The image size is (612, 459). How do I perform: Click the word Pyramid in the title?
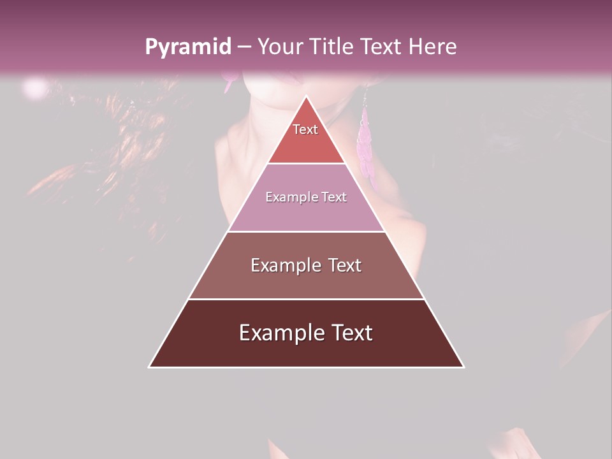click(187, 47)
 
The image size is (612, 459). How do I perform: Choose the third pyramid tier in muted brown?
click(306, 280)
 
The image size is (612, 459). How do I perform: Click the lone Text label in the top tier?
click(305, 129)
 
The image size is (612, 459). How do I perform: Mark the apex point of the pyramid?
click(306, 96)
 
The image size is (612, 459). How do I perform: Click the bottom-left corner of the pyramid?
click(149, 367)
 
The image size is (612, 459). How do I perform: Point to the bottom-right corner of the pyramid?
click(463, 367)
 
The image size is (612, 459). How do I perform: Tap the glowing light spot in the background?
click(35, 87)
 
